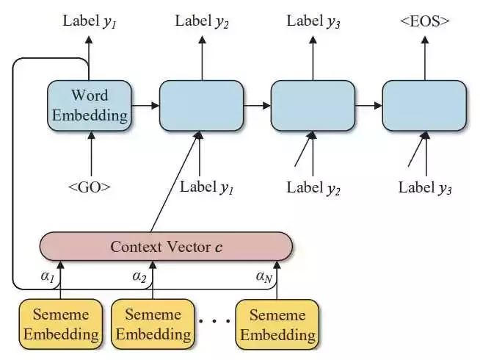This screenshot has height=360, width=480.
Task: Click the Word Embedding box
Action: (x=90, y=106)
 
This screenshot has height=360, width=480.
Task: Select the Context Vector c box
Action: (x=166, y=247)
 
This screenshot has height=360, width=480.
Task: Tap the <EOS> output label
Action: (x=425, y=21)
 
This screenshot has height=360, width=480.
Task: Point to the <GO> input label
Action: (x=89, y=187)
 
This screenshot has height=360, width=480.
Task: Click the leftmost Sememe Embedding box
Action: (x=61, y=324)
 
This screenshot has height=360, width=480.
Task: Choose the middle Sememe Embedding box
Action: (x=153, y=324)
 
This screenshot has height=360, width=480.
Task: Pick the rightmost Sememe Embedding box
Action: (x=277, y=324)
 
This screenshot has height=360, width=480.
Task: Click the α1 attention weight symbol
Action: (x=48, y=276)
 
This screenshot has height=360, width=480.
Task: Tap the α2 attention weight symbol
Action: (x=139, y=276)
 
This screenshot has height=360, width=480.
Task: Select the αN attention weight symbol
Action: (x=264, y=277)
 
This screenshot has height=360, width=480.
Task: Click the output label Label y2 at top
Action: (x=202, y=21)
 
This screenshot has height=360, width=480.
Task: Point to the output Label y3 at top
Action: (x=313, y=21)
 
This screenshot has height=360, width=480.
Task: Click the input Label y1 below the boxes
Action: (x=207, y=187)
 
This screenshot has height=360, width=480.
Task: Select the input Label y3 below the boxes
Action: (x=425, y=188)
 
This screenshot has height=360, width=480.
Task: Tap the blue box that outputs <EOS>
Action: (x=425, y=106)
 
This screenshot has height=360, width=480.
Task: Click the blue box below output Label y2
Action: (x=201, y=106)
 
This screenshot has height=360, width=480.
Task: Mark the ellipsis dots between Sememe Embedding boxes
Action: (x=214, y=321)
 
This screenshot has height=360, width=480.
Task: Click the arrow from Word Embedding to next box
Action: (x=145, y=106)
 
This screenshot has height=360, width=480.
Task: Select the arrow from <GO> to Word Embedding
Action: (x=91, y=154)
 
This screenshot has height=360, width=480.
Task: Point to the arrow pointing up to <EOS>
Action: (x=425, y=58)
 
